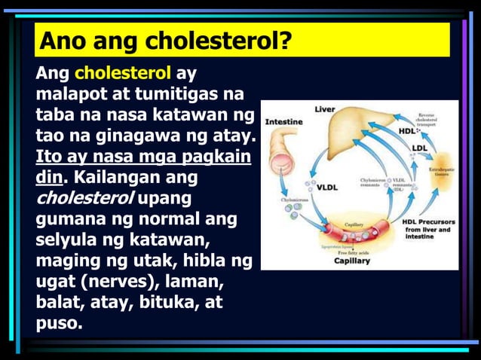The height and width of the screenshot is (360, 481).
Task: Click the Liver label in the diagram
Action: [x=325, y=109]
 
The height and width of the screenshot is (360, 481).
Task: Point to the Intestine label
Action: [x=284, y=122]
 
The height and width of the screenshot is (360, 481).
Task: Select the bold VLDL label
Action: [x=327, y=187]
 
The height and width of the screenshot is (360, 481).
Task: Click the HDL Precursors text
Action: [x=427, y=222]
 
